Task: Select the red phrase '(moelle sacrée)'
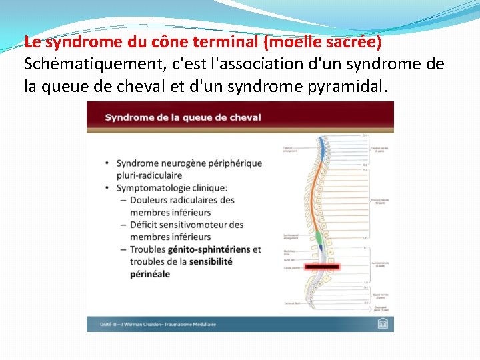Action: click(323, 42)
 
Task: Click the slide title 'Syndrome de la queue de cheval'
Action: click(183, 117)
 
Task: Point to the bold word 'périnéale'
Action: click(150, 274)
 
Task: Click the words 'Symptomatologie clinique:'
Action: click(171, 187)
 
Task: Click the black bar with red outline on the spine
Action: click(323, 266)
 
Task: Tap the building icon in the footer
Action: click(382, 323)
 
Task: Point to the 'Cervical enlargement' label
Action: click(291, 149)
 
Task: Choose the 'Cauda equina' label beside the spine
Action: click(291, 269)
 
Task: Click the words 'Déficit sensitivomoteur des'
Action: click(187, 225)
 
